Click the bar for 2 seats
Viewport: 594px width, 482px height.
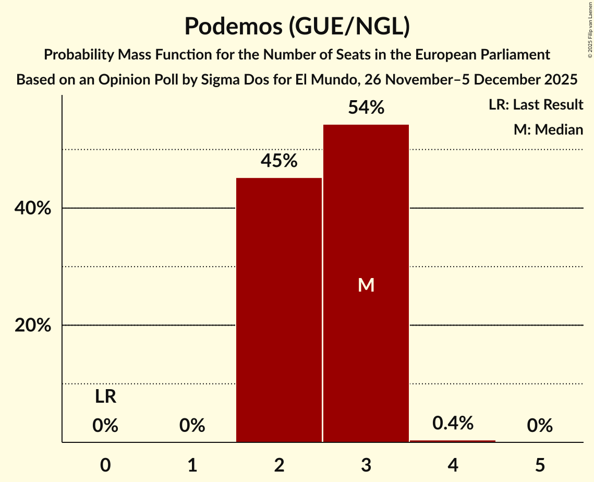(x=279, y=310)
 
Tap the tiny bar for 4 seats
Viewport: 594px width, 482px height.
(x=453, y=441)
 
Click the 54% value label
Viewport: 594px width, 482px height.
(x=366, y=108)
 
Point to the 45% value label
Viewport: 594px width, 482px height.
(x=279, y=161)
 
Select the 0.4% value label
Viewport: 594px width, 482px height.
(x=453, y=423)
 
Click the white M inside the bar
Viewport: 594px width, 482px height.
(x=366, y=285)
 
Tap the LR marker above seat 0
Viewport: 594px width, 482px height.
(x=105, y=397)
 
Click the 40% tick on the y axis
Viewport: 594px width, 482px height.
(x=32, y=209)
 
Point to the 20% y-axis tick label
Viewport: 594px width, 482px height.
(x=32, y=326)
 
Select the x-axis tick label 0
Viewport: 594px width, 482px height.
(x=105, y=465)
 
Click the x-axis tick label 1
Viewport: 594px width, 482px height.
(x=192, y=465)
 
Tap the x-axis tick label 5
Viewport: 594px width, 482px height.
(x=540, y=465)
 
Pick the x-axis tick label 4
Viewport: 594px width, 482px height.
(x=453, y=465)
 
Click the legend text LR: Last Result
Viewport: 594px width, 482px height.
(x=536, y=105)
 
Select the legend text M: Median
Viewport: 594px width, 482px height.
(x=548, y=129)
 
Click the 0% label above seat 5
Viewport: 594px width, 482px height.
(x=540, y=426)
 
